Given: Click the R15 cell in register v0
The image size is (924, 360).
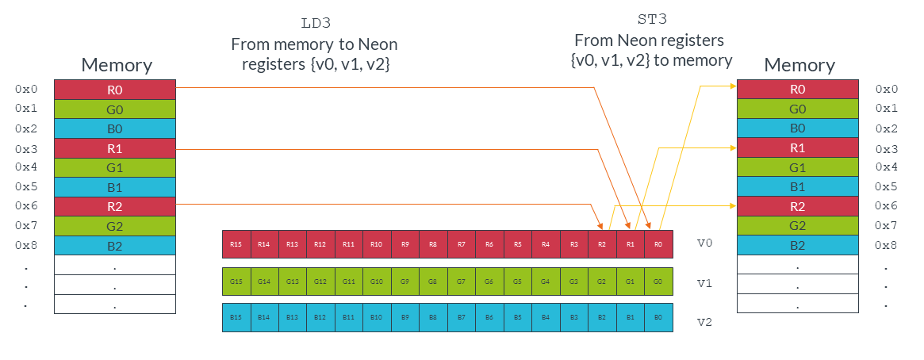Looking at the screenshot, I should point(236,244).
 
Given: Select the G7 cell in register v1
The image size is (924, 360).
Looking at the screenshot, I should point(462,281).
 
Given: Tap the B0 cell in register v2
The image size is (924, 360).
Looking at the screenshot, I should point(658,317).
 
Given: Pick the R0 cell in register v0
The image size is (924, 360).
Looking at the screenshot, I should point(658,244).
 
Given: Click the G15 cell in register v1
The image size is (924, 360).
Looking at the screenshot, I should point(236,281).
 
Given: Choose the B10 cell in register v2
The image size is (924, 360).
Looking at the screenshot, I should point(377,317).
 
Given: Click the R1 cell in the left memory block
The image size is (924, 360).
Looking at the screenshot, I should point(114,148).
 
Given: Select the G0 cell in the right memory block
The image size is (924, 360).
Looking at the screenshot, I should point(798,109).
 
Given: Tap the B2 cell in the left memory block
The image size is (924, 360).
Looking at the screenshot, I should point(114,246).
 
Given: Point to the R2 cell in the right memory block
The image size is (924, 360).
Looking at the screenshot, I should point(798,206).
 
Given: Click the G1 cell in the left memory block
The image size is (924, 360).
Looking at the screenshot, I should point(114,168).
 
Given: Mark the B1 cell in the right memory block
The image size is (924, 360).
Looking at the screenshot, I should point(798,187).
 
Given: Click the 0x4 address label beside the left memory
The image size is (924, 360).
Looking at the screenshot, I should point(26,167).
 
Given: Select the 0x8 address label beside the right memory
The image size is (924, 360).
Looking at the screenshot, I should point(887,246).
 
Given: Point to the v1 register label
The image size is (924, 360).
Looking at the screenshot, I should point(704,282).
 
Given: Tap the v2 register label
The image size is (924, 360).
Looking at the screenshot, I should point(704,323).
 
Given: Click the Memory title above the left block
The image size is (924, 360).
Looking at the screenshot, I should point(117,65).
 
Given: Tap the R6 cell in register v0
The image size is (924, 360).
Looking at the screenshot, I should point(489,244).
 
